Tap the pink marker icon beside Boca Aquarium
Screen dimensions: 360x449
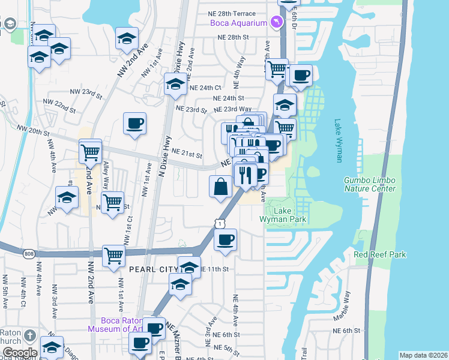[x=276, y=22]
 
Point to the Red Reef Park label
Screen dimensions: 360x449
[x=379, y=255]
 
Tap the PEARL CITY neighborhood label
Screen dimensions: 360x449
[x=154, y=270]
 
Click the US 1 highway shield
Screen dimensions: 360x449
[x=220, y=223]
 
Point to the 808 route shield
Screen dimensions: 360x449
[x=29, y=254]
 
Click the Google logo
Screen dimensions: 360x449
[x=19, y=353]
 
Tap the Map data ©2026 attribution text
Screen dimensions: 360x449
[x=423, y=355]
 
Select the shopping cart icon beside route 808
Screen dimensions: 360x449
[x=113, y=255]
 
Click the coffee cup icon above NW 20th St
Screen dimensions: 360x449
[x=134, y=123]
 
